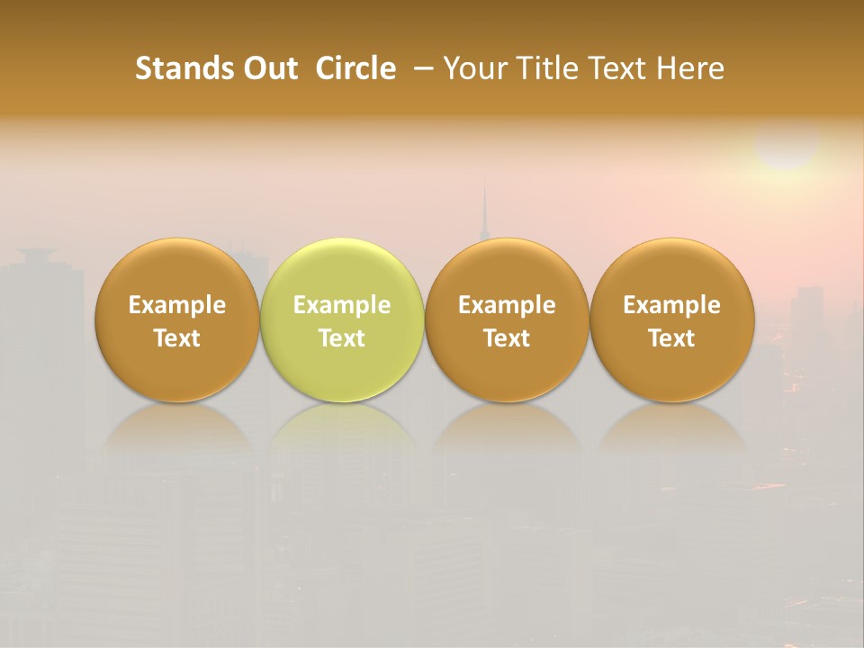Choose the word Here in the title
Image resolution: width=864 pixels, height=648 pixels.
tap(689, 68)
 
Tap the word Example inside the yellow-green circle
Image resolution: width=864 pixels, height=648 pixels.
tap(342, 305)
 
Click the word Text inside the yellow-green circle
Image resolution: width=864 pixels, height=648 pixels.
tap(342, 338)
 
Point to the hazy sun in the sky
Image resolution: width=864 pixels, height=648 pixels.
tap(787, 144)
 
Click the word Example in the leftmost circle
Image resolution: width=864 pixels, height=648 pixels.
tap(177, 305)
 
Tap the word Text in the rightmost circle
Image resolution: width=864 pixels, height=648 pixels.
tap(672, 338)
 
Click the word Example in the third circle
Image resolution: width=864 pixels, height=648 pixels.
tap(507, 305)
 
